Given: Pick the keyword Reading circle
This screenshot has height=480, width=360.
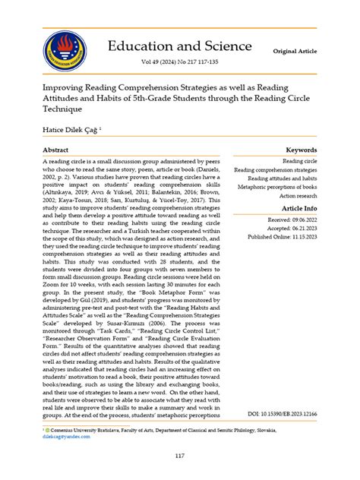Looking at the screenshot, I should pos(300,162).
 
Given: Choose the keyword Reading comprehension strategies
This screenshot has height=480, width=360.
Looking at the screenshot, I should pos(276,171).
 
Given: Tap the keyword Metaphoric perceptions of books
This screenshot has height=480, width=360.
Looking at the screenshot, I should pos(277,186).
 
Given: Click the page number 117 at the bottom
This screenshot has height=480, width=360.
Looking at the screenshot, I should pos(179,455).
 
